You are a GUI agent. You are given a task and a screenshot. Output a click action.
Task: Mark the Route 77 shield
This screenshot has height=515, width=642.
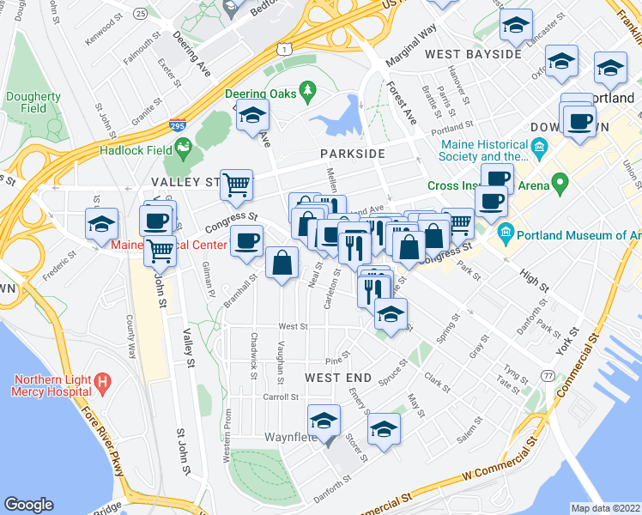548,375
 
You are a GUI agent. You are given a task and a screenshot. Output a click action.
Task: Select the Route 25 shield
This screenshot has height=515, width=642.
141,14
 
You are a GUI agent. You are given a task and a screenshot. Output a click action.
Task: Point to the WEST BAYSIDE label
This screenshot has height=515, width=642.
473,54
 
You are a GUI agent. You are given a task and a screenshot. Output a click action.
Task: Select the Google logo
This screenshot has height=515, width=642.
29,504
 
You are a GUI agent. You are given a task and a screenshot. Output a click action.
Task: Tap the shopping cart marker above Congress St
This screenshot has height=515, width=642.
236,183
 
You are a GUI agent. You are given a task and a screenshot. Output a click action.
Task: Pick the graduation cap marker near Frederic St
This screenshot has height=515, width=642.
101,224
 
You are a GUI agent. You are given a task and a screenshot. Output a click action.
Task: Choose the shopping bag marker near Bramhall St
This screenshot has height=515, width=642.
282,263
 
